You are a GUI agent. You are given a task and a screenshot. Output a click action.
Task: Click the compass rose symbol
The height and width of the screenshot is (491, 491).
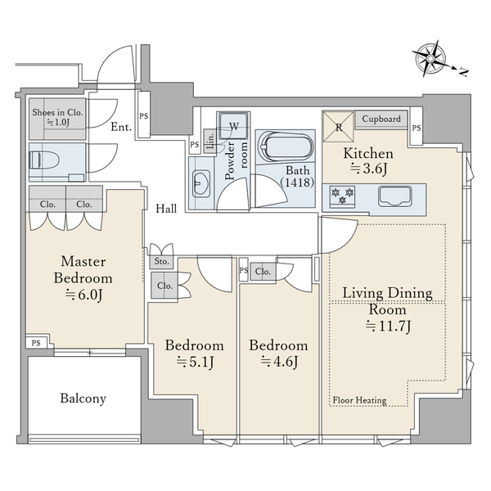pos(430,59)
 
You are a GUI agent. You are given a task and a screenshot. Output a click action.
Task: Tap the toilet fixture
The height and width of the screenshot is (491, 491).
pos(44,161)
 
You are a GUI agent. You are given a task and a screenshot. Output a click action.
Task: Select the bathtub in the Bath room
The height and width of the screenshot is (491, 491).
pos(286,146)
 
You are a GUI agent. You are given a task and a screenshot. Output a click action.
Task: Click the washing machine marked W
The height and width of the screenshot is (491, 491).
pos(233,125)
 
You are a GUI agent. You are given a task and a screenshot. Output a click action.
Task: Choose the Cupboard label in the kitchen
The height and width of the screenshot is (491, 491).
pos(381,119)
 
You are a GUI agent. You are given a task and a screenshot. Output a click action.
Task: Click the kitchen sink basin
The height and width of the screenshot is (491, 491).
pos(395,196)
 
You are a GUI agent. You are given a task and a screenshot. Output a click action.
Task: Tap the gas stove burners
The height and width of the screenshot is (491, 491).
pos(342,196)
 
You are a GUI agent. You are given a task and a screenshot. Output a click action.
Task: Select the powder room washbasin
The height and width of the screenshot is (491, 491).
pos(200,183)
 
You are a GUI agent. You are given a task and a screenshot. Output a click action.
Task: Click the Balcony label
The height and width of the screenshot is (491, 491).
pos(83,399)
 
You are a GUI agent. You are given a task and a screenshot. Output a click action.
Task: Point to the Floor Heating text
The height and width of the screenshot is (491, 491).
pos(359,400)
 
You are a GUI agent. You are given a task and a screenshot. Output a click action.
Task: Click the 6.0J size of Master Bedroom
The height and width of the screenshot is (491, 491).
pos(83,295)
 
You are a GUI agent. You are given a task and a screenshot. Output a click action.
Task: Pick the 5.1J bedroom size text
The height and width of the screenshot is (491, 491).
pos(195,363)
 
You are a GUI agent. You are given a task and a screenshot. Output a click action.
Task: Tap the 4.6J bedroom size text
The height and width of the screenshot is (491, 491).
pos(279,362)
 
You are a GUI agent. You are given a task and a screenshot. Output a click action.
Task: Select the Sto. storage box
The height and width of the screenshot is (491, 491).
pos(161,261)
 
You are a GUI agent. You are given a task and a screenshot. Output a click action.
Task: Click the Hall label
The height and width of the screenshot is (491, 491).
pos(166,209)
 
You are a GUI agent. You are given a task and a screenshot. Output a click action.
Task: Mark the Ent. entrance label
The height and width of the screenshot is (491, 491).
pos(121,127)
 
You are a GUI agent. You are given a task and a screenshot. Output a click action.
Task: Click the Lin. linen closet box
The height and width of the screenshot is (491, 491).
pos(209,142)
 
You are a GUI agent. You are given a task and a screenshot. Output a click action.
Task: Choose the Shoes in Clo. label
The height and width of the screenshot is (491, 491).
pos(57,112)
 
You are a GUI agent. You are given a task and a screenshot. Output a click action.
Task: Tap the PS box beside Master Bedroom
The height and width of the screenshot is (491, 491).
pos(36,343)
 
